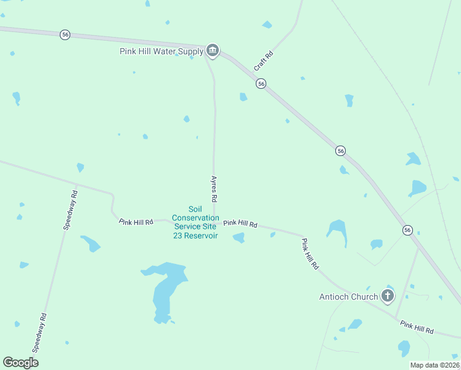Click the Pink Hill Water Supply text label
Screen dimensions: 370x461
pyautogui.click(x=161, y=51)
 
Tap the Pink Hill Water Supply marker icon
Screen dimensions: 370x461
pyautogui.click(x=213, y=51)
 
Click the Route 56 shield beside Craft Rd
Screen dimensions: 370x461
pyautogui.click(x=261, y=84)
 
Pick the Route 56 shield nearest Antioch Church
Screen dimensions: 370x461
pyautogui.click(x=407, y=230)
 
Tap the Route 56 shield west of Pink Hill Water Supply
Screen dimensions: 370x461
pyautogui.click(x=65, y=35)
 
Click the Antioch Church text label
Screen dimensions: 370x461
pyautogui.click(x=348, y=297)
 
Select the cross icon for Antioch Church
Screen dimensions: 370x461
pyautogui.click(x=388, y=296)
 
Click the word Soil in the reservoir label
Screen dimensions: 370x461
pyautogui.click(x=195, y=209)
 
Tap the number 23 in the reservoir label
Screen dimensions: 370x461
pyautogui.click(x=178, y=236)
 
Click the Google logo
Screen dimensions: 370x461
pyautogui.click(x=21, y=363)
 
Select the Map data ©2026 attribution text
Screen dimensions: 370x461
pyautogui.click(x=434, y=365)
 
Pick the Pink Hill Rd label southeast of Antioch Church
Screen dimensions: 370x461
pyautogui.click(x=417, y=327)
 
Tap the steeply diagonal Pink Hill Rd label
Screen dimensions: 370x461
pyautogui.click(x=310, y=253)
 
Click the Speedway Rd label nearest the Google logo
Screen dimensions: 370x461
pyautogui.click(x=39, y=332)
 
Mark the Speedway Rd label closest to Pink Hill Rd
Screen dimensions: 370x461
pyautogui.click(x=70, y=210)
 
